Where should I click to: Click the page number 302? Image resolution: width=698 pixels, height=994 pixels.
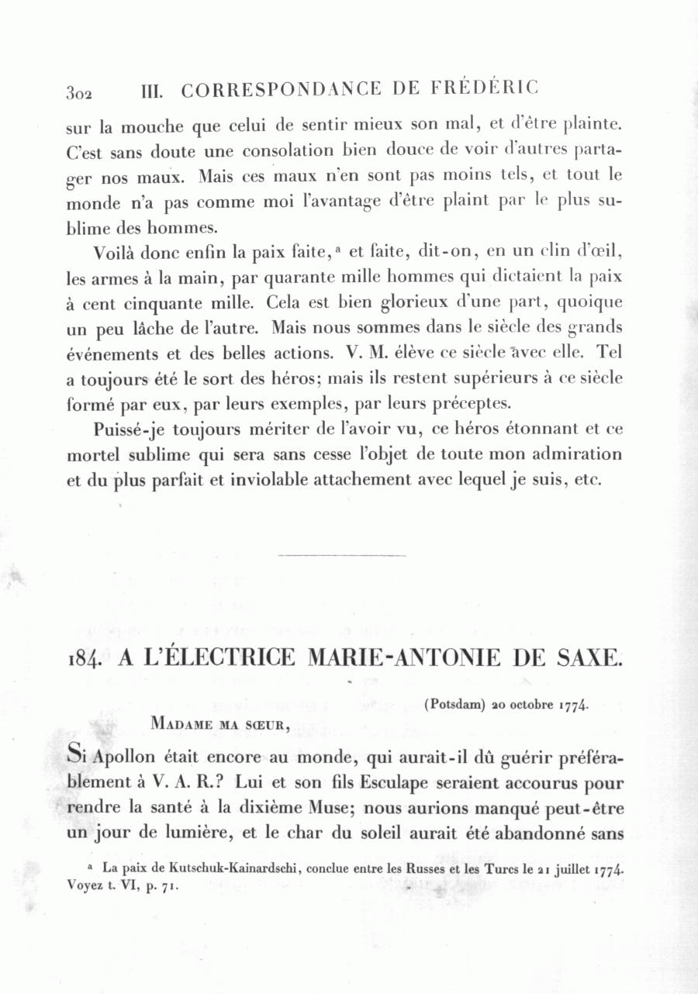79,93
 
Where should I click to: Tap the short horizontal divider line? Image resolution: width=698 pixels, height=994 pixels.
341,555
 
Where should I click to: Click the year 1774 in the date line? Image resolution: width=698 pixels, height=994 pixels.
575,706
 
